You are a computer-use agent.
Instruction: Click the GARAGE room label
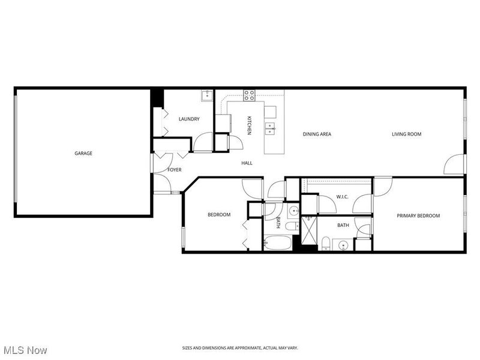pyautogui.click(x=83, y=154)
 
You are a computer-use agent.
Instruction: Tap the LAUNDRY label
pyautogui.click(x=189, y=119)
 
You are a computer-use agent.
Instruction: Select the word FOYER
pyautogui.click(x=174, y=170)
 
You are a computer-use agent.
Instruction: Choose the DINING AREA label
pyautogui.click(x=317, y=134)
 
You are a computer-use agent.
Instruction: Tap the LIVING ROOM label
pyautogui.click(x=407, y=134)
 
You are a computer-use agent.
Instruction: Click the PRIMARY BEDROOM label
pyautogui.click(x=419, y=216)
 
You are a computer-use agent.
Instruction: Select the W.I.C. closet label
pyautogui.click(x=343, y=197)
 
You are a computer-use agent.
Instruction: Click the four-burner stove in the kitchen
pyautogui.click(x=249, y=94)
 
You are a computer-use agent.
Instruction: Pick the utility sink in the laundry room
pyautogui.click(x=207, y=95)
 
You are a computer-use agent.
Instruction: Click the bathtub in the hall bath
pyautogui.click(x=277, y=244)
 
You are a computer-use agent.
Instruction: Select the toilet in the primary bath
pyautogui.click(x=325, y=242)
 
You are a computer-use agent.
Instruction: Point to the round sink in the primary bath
pyautogui.click(x=343, y=245)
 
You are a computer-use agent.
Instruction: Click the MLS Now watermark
pyautogui.click(x=25, y=349)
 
